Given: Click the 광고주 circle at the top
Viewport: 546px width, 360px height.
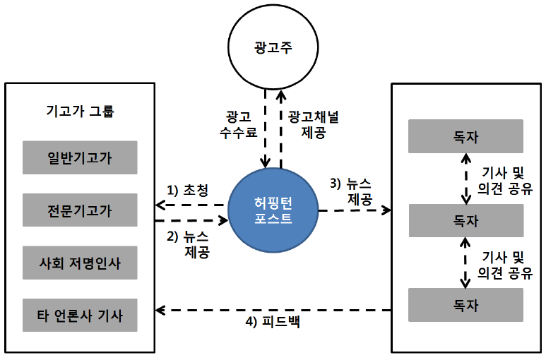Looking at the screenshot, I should click(x=273, y=49).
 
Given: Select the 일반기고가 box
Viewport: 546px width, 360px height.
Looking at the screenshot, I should click(x=79, y=157).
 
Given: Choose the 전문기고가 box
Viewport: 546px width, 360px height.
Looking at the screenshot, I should click(x=79, y=210).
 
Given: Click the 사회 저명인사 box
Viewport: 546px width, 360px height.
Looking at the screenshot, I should click(x=79, y=263).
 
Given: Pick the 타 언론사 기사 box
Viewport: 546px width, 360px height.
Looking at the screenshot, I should click(x=79, y=315).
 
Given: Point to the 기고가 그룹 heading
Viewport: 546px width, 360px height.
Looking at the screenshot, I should click(x=79, y=111).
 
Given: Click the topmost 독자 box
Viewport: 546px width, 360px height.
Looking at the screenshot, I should click(x=466, y=136).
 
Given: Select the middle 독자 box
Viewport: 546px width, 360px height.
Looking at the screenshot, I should click(x=466, y=220).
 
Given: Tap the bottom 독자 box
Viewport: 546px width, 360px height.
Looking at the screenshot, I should click(x=466, y=306).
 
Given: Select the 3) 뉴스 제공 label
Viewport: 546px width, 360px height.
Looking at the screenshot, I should click(x=354, y=191).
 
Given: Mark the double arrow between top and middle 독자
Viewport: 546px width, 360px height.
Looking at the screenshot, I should click(x=464, y=179).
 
